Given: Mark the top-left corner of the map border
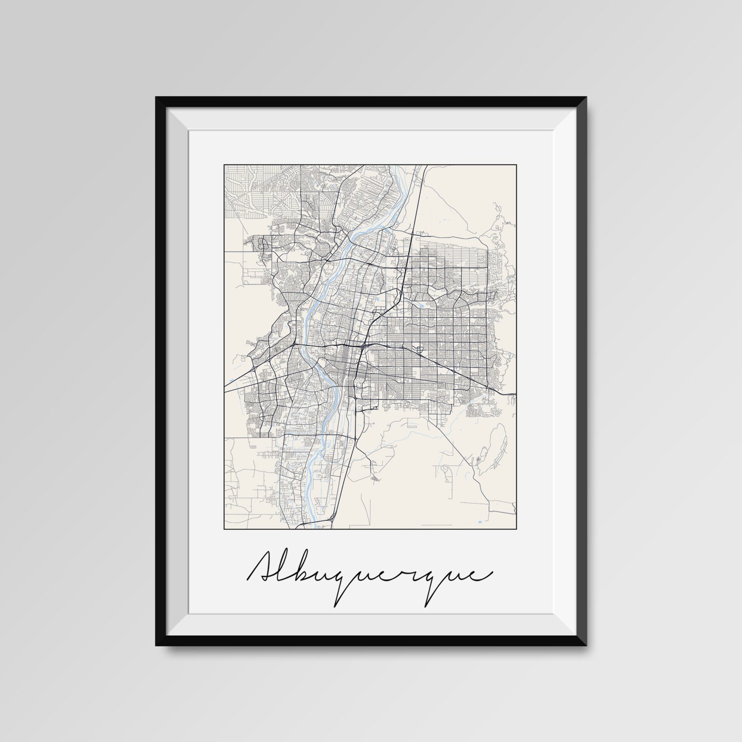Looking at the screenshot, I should [x=225, y=165].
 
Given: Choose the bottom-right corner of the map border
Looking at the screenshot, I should [x=516, y=528].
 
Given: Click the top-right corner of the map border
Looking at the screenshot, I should [x=516, y=165].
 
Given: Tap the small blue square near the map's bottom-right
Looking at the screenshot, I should [x=480, y=522].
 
